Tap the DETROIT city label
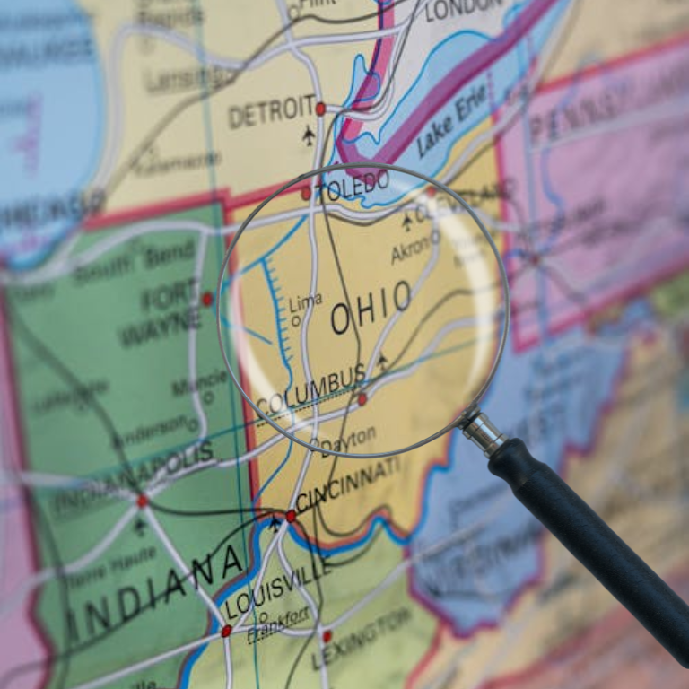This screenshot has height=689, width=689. coord(271,112)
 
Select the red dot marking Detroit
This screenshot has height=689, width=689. coord(320,109)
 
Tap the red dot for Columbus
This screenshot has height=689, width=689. coord(362,399)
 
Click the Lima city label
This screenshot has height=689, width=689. coord(305,303)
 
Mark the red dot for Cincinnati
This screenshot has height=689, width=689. coord(291,516)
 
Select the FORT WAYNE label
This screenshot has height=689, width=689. coord(161,310)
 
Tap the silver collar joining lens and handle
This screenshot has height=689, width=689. coord(484,432)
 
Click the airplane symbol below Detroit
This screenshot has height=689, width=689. coord(310,135)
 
